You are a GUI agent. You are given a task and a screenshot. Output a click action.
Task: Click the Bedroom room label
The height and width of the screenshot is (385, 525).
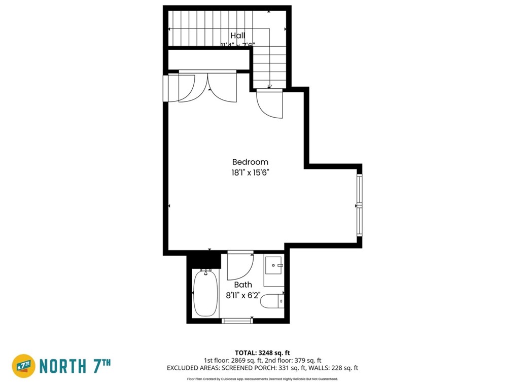(250, 162)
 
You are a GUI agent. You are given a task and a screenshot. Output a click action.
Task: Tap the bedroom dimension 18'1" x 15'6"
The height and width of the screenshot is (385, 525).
(250, 172)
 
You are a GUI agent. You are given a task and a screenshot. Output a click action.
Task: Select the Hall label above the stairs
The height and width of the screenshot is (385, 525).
(238, 36)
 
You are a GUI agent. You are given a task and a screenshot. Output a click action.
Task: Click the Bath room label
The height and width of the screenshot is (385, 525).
(242, 285)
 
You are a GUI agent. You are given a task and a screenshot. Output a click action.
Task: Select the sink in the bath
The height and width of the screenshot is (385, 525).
(274, 265)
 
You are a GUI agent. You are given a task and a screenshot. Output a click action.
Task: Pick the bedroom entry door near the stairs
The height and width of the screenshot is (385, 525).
(270, 104)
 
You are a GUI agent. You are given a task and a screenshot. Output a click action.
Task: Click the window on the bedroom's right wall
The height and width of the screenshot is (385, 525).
(359, 205)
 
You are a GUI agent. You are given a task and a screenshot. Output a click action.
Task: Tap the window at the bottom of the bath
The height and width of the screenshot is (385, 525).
(238, 320)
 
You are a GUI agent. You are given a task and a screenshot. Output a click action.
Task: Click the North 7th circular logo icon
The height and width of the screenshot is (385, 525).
(23, 366)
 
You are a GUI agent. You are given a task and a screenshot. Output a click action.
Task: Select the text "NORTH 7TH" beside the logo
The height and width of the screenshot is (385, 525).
(75, 366)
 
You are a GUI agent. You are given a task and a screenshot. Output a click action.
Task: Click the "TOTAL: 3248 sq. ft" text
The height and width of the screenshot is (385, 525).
(262, 353)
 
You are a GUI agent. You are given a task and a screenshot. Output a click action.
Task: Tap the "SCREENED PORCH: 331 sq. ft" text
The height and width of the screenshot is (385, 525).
(274, 368)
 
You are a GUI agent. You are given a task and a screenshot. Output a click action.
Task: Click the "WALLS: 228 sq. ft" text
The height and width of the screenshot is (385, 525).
(338, 368)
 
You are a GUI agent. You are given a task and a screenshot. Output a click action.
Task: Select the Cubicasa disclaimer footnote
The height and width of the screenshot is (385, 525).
(262, 378)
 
